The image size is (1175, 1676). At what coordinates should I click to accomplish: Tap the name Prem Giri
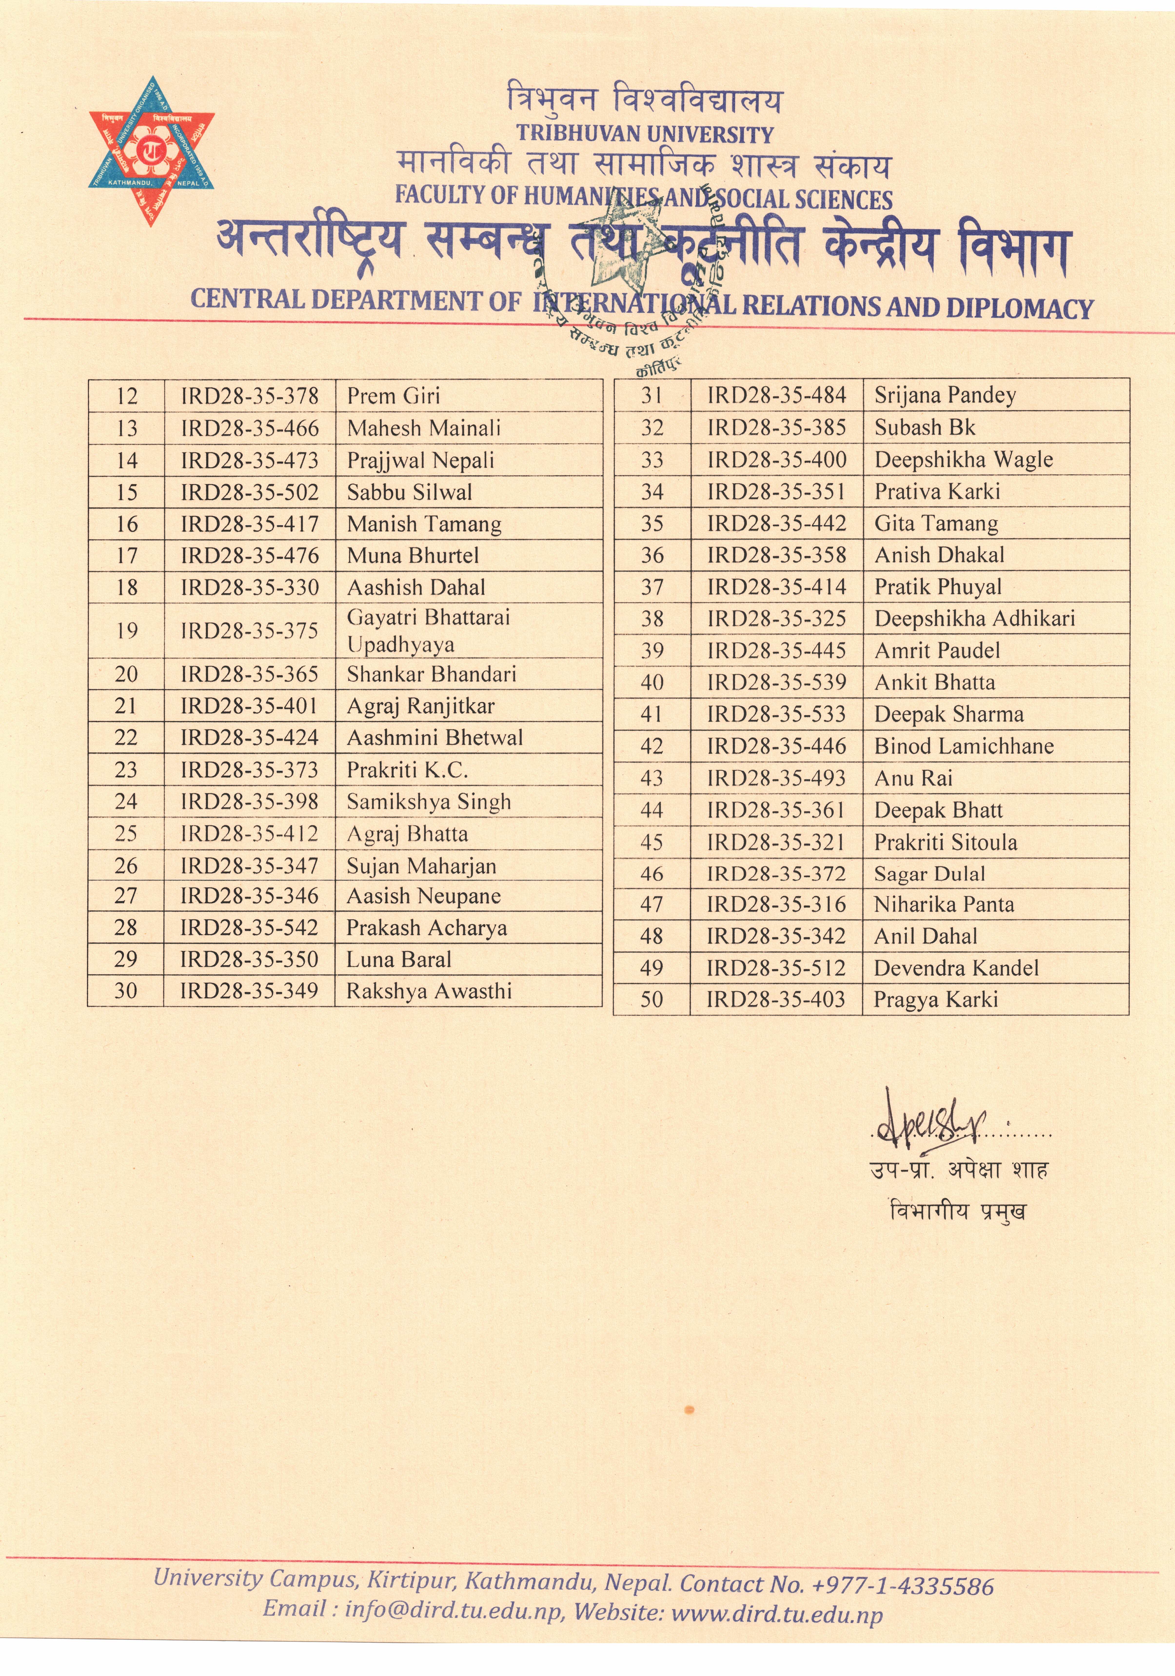coord(393,396)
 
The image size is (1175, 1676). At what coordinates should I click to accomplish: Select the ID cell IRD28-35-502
coord(250,492)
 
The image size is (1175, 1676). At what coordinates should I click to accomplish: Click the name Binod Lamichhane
coord(964,746)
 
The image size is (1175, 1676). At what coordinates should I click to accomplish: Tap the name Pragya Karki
coord(936,999)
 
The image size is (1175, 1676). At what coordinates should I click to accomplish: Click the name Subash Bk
coord(925,427)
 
